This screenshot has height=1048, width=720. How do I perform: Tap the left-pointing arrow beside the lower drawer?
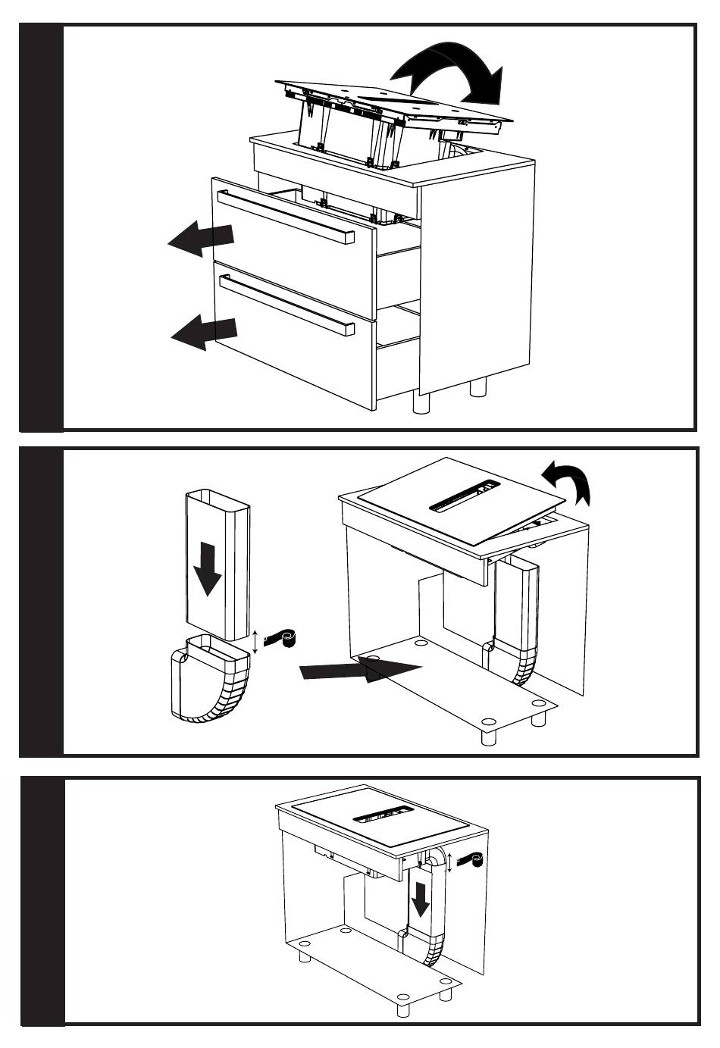(x=204, y=332)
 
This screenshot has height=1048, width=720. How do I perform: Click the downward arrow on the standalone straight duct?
(x=205, y=569)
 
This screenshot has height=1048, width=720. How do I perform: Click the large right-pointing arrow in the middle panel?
(x=360, y=668)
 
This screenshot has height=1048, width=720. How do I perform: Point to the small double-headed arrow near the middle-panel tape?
(x=255, y=641)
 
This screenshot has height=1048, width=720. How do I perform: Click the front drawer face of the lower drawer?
(x=296, y=341)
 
